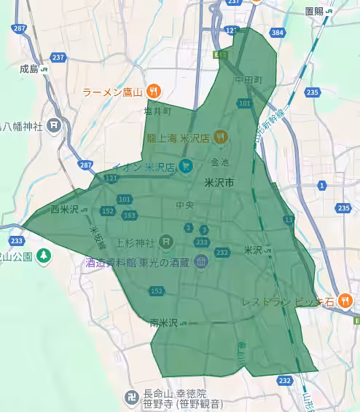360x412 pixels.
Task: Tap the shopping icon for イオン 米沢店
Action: coord(187,167)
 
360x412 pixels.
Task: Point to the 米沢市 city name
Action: coord(219,182)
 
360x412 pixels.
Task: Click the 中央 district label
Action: coord(184,205)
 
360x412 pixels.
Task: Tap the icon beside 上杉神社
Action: coord(166,241)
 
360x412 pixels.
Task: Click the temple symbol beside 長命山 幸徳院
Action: coord(128,399)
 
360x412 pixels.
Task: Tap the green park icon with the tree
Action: coord(44,255)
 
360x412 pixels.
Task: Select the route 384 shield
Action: coord(277,33)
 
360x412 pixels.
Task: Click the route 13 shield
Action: coord(289,219)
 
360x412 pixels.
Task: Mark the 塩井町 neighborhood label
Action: coord(157,112)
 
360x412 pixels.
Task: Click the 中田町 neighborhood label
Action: coord(248,79)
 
